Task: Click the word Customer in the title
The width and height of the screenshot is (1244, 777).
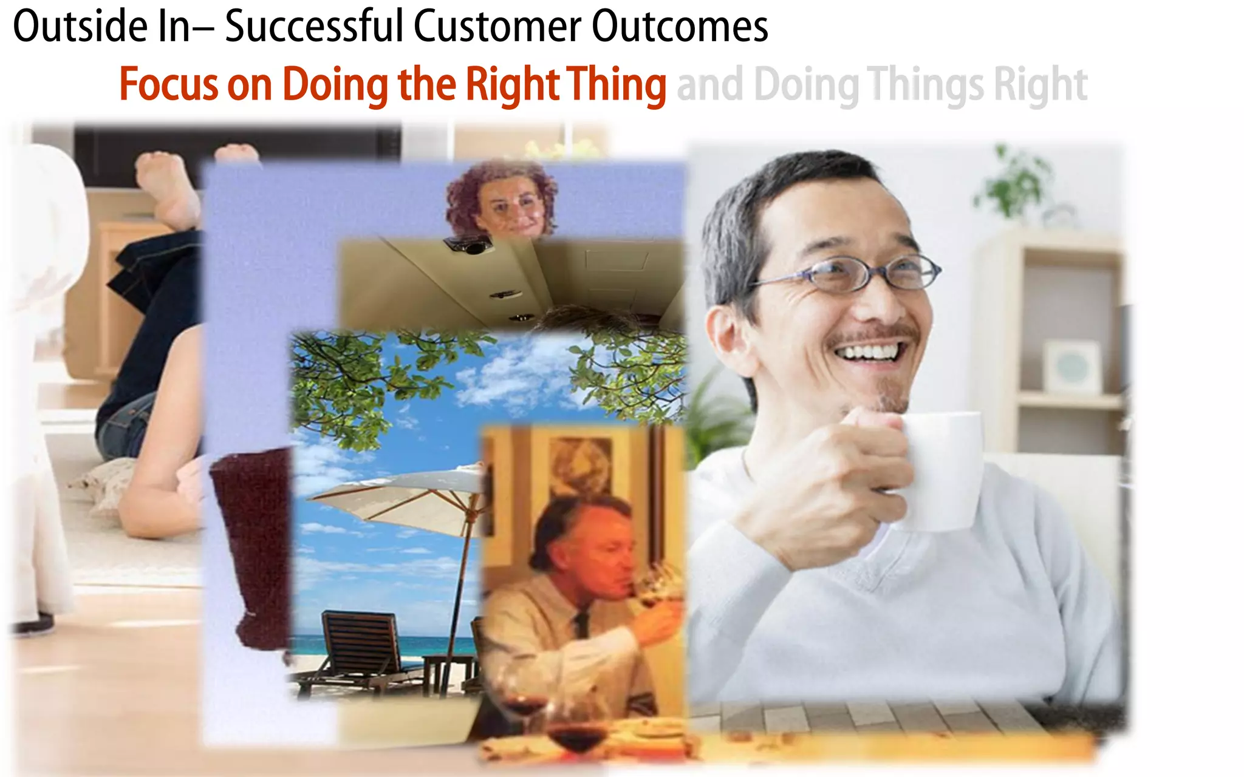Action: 497,27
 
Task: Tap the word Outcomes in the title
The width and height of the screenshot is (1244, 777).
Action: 680,27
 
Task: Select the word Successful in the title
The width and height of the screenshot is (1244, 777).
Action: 313,27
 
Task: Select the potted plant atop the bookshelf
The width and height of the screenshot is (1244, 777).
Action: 1014,182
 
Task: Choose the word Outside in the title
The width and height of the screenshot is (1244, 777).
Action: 80,27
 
